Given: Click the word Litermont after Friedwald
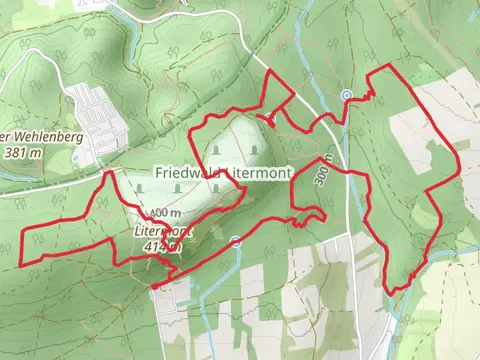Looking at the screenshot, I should (x=259, y=173).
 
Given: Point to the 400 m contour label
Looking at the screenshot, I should (x=166, y=213).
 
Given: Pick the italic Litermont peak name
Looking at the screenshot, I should (x=158, y=228).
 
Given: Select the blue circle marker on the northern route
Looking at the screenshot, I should (x=347, y=95).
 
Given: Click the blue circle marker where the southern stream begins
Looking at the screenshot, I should (x=235, y=240).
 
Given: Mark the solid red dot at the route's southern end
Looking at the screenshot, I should (x=155, y=286).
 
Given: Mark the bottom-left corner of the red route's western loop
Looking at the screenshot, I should (x=23, y=263).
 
